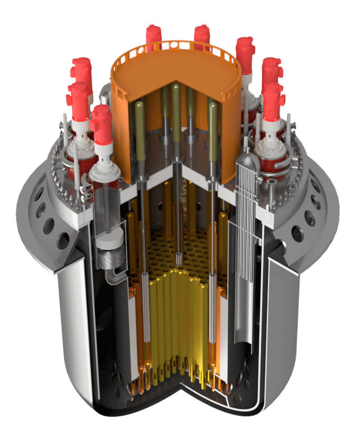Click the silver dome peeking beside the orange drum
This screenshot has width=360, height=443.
[104, 95]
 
